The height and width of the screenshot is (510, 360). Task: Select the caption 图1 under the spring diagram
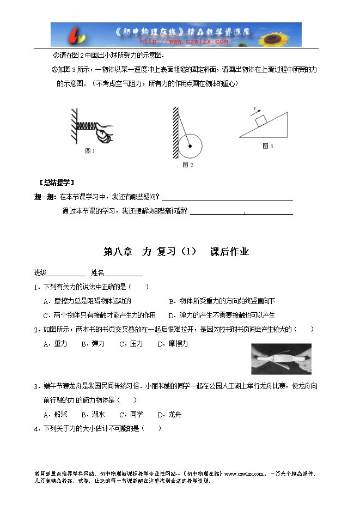[x=90, y=151]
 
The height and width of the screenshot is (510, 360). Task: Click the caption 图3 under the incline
[x=267, y=146]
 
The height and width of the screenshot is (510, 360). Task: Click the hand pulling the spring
[x=102, y=131]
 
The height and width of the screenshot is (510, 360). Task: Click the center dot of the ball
[x=190, y=145]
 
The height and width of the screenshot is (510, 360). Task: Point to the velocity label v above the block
[x=254, y=109]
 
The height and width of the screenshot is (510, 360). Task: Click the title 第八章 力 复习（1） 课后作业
[x=176, y=252]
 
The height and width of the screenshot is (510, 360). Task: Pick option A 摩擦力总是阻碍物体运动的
[x=87, y=301]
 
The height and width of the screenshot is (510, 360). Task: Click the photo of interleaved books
[x=281, y=359]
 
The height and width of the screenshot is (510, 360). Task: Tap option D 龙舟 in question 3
[x=169, y=414]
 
